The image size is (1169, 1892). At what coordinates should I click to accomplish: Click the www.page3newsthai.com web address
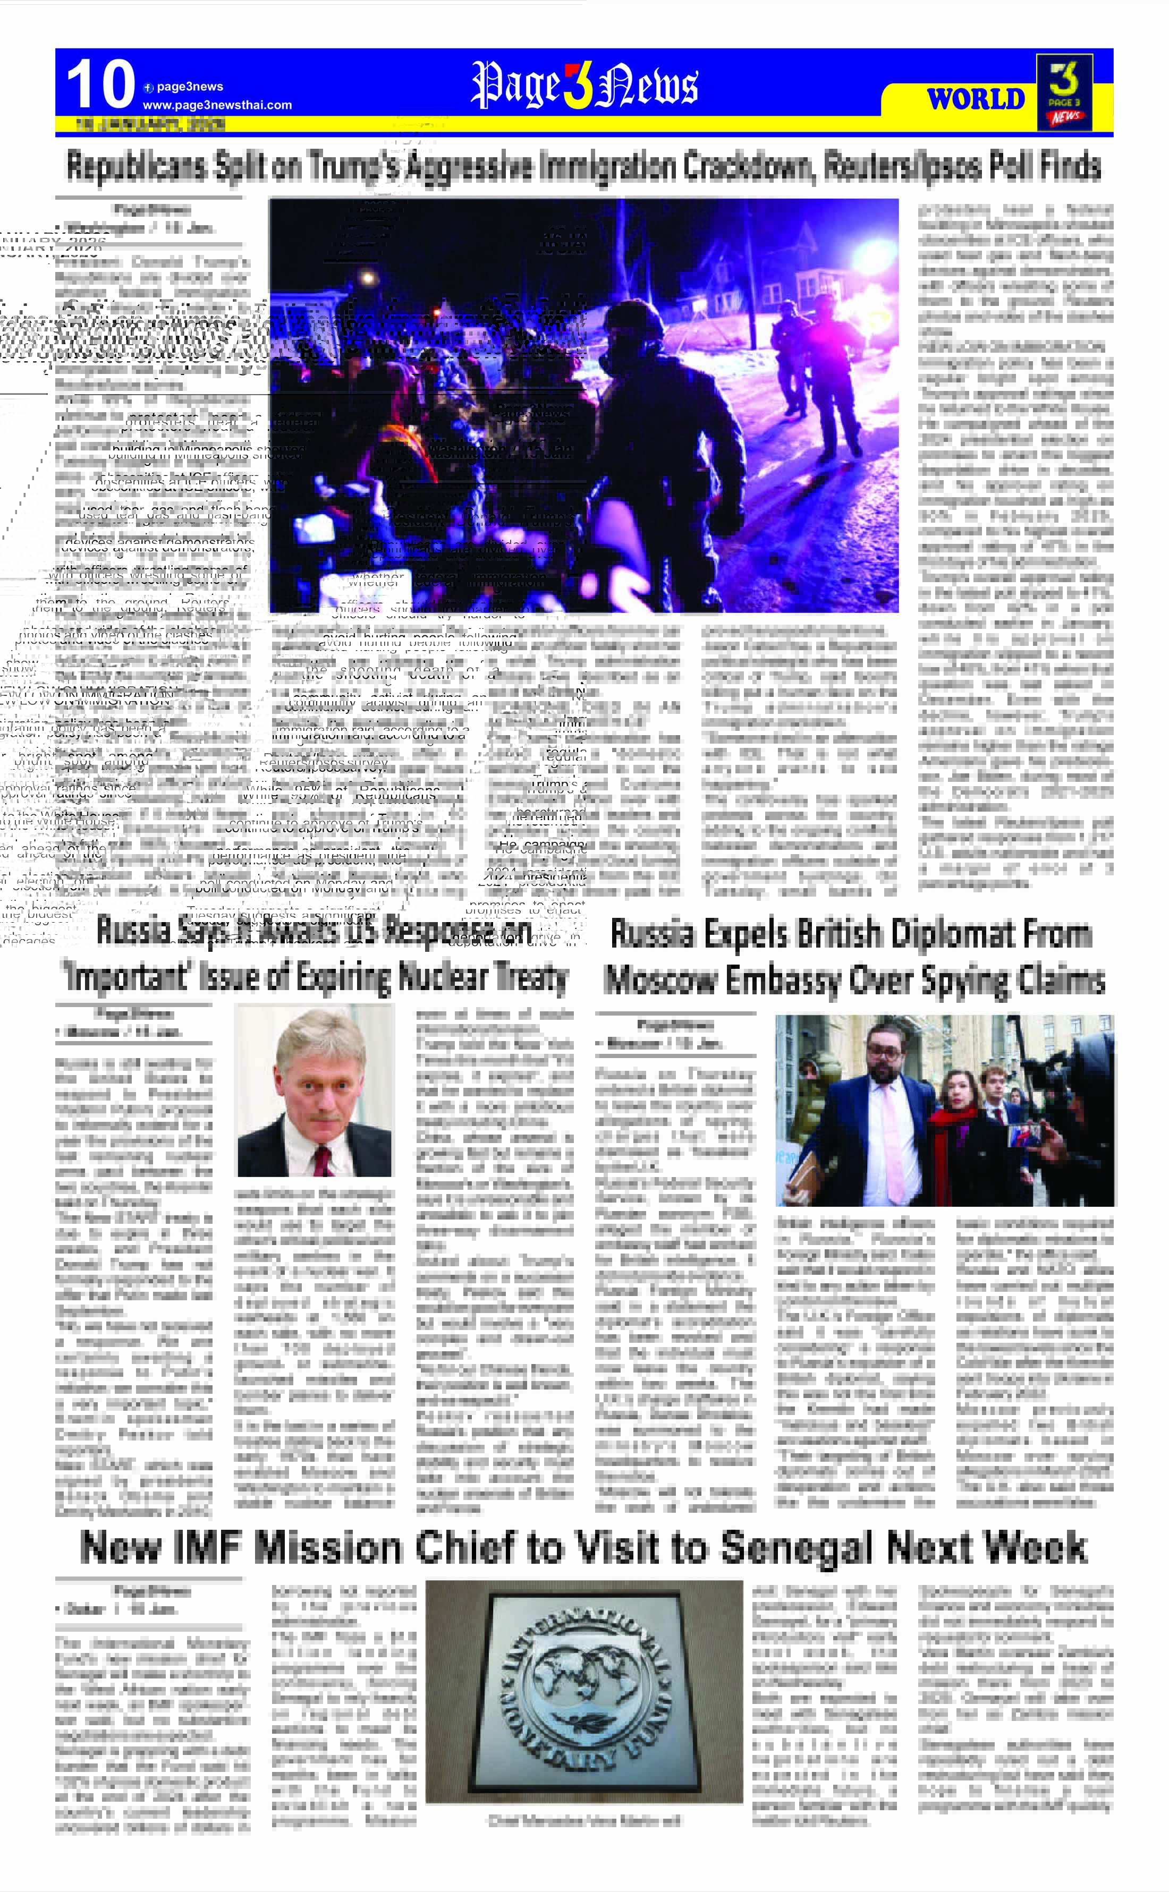pos(217,105)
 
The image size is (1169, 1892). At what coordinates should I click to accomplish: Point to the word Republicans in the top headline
pos(138,167)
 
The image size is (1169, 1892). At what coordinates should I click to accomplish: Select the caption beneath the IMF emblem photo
pos(584,1821)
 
